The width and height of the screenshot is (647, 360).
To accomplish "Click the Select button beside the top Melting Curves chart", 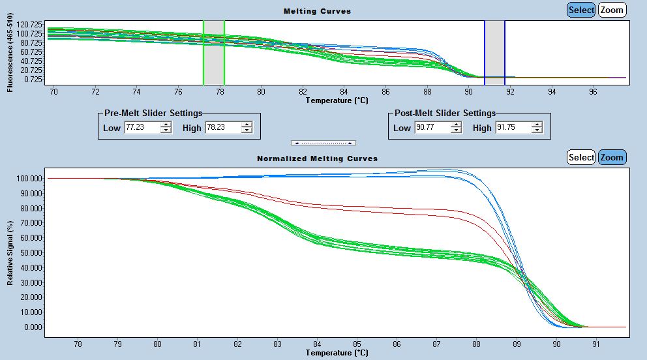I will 580,10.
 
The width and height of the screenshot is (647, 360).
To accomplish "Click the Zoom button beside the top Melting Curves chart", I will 612,10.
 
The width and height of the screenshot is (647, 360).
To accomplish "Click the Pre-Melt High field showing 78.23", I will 222,128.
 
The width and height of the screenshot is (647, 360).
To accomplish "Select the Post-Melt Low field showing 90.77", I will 432,128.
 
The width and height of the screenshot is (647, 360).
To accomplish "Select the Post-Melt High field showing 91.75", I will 513,128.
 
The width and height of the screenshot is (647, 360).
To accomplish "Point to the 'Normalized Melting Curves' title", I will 317,158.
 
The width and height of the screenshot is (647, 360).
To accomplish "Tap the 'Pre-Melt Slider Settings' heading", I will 153,113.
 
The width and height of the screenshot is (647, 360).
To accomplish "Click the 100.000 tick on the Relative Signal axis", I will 29,178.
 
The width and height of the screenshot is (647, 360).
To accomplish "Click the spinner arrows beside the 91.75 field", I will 537,128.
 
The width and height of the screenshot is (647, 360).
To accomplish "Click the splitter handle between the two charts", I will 323,142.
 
